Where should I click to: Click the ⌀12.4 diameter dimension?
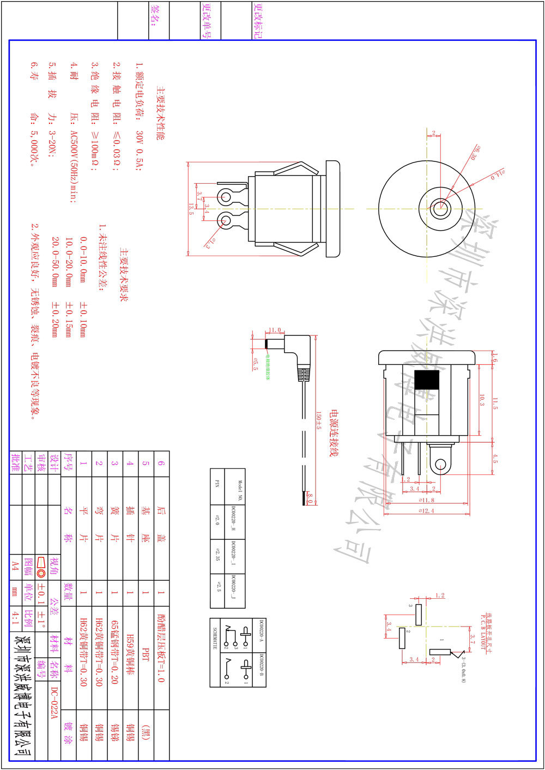pyautogui.click(x=427, y=510)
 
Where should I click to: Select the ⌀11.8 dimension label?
pyautogui.click(x=427, y=500)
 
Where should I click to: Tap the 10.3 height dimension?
pyautogui.click(x=482, y=400)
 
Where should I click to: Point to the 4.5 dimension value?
pyautogui.click(x=495, y=458)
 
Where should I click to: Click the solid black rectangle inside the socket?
pyautogui.click(x=426, y=380)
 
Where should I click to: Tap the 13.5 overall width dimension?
pyautogui.click(x=191, y=209)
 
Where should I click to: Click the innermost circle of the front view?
pyautogui.click(x=439, y=207)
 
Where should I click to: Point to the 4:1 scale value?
pyautogui.click(x=15, y=617)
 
